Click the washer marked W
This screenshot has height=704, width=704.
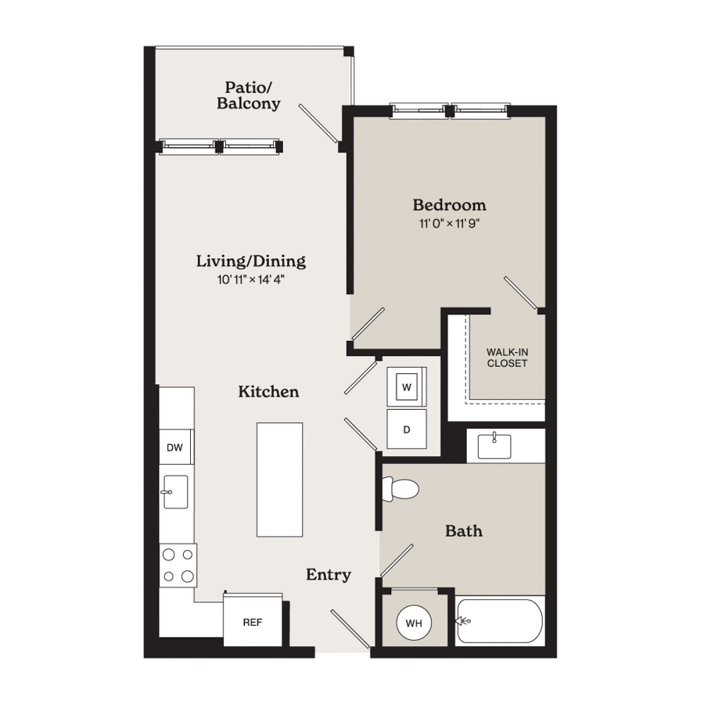(407, 386)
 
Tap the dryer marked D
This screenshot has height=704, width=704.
(407, 429)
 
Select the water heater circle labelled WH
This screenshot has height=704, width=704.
(414, 623)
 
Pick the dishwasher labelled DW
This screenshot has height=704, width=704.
(176, 447)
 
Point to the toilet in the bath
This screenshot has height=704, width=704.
(400, 489)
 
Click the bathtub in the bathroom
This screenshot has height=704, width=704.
(500, 621)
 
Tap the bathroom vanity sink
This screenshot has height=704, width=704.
(494, 446)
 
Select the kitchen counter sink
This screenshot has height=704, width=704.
(175, 492)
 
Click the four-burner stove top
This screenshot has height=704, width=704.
(178, 566)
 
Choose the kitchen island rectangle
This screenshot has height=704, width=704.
(280, 480)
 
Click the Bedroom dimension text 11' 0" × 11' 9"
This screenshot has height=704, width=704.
(450, 224)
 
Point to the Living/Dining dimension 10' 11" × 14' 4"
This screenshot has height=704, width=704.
(251, 280)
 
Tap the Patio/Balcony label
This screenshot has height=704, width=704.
(249, 95)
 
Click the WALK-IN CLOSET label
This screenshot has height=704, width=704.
(508, 357)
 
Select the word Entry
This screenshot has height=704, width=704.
(329, 574)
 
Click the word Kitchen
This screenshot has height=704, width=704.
(268, 392)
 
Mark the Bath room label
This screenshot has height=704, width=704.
(464, 531)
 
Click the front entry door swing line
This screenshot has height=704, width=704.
(350, 629)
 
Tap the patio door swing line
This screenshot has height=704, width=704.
(318, 123)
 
